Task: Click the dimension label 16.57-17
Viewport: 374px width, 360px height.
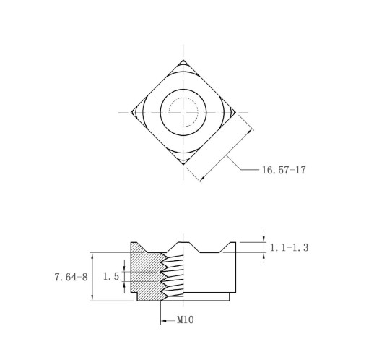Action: tap(284, 170)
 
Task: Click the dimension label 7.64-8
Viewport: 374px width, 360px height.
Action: tap(71, 277)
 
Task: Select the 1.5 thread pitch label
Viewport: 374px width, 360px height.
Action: tap(111, 276)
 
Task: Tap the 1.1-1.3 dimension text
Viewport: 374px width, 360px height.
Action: tap(289, 247)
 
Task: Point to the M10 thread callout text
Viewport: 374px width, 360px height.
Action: tap(186, 320)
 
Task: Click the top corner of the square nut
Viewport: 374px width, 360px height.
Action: tap(183, 60)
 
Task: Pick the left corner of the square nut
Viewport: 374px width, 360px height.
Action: tap(131, 112)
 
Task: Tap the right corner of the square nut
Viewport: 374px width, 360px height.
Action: tap(235, 112)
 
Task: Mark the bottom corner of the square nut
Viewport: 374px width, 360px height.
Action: tap(183, 165)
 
